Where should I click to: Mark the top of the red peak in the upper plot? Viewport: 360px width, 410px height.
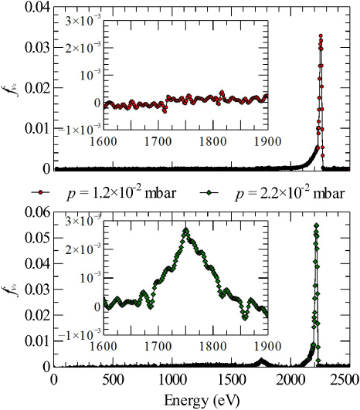point(321,35)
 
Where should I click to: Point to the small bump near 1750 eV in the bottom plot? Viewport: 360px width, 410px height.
point(261,361)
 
